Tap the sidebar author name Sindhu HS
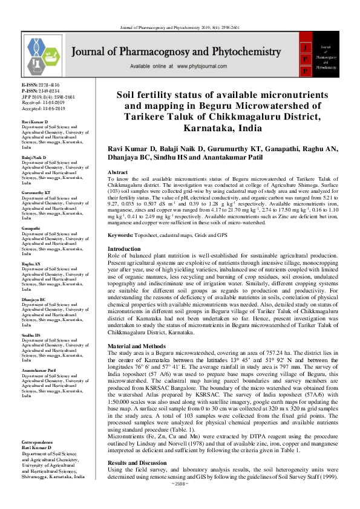tap(31, 334)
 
